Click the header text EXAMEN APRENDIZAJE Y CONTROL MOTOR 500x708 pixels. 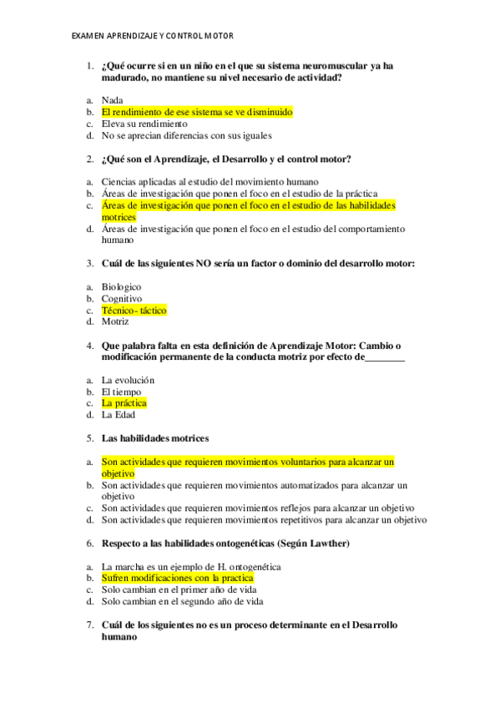tap(152, 36)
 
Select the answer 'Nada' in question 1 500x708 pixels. tap(112, 100)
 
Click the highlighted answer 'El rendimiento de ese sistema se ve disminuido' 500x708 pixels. tap(197, 112)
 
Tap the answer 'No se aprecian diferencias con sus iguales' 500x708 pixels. tap(186, 135)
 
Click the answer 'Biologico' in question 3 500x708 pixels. tap(121, 287)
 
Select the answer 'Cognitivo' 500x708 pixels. tap(122, 299)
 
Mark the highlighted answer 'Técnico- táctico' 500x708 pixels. tap(134, 311)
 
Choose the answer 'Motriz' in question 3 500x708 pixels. tap(115, 321)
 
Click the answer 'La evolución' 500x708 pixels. tap(128, 380)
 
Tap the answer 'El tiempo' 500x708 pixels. tap(121, 392)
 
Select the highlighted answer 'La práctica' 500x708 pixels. tap(124, 403)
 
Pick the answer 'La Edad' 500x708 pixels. tap(118, 414)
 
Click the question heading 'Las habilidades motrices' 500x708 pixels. tap(155, 438)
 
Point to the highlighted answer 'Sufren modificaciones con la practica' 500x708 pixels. tap(177, 578)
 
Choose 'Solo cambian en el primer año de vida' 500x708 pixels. tap(182, 589)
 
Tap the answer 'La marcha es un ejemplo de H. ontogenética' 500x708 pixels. tap(191, 567)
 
